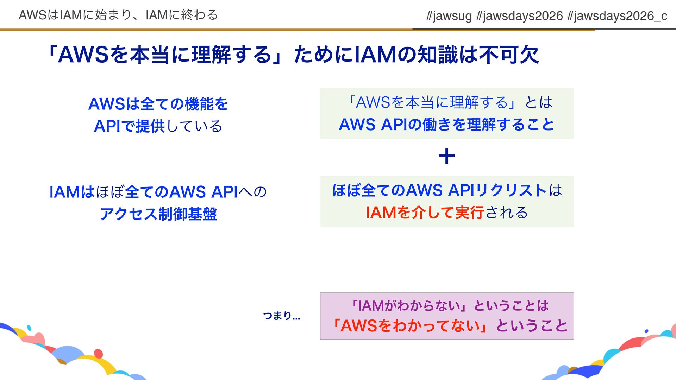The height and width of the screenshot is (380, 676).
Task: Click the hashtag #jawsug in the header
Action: [x=448, y=16]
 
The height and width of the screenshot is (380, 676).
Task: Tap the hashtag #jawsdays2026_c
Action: [x=617, y=16]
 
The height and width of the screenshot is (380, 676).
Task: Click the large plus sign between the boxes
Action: [x=446, y=156]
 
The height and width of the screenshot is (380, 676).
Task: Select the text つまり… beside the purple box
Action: [x=281, y=316]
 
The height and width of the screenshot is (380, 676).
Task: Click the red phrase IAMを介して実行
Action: [x=424, y=213]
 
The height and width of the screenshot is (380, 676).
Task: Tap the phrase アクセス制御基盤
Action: [x=158, y=214]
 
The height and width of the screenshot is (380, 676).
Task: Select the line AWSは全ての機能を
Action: [x=158, y=104]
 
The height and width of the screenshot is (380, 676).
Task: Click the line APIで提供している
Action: [x=158, y=126]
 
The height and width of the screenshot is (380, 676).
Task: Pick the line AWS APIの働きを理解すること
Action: [x=446, y=125]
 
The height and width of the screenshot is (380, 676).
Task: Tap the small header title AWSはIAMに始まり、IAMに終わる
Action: [x=118, y=15]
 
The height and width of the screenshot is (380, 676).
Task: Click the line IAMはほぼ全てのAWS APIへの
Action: [x=158, y=192]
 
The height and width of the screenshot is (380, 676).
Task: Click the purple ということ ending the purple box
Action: [x=532, y=326]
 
